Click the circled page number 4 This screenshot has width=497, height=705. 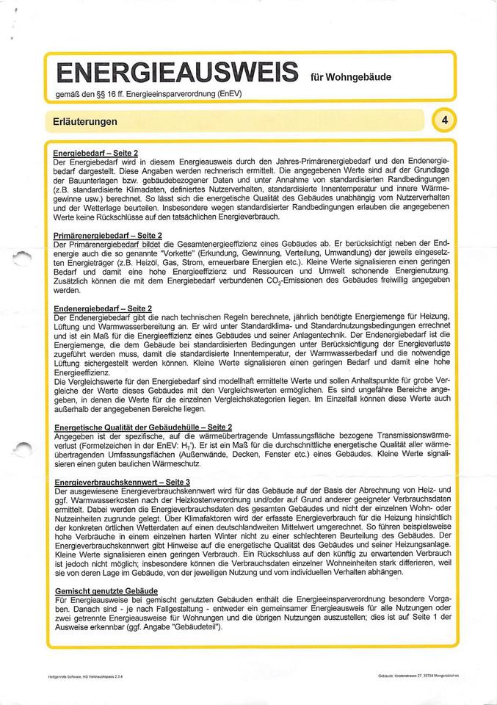click(446, 120)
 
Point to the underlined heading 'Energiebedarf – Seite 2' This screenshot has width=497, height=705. click(96, 153)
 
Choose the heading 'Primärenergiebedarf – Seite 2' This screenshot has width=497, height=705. click(108, 234)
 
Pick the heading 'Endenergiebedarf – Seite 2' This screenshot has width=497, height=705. click(104, 308)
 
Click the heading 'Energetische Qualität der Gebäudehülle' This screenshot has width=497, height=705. click(143, 427)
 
